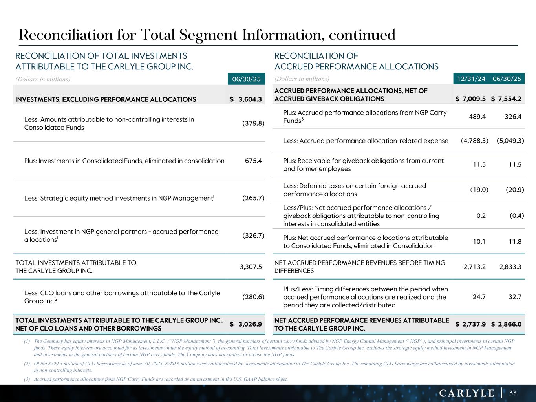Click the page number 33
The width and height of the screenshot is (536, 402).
pyautogui.click(x=513, y=393)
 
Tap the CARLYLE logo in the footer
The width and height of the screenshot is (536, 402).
pyautogui.click(x=466, y=393)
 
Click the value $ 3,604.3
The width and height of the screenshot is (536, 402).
pyautogui.click(x=246, y=99)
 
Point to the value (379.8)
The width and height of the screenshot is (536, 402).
pyautogui.click(x=253, y=123)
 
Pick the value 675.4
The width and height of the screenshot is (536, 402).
pyautogui.click(x=253, y=161)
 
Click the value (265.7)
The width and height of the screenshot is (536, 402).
pyautogui.click(x=253, y=198)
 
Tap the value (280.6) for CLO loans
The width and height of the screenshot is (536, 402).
pyautogui.click(x=253, y=297)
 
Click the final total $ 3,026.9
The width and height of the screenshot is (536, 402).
pyautogui.click(x=246, y=324)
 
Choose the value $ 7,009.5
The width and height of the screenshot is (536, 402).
pyautogui.click(x=470, y=99)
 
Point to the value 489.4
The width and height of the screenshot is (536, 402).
pyautogui.click(x=477, y=117)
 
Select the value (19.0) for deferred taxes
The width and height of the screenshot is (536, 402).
pyautogui.click(x=479, y=190)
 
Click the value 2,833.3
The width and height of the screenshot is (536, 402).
pyautogui.click(x=510, y=267)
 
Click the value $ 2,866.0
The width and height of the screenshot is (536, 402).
pyautogui.click(x=506, y=324)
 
